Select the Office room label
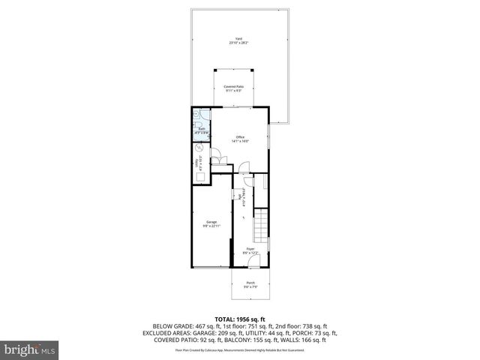pyautogui.click(x=240, y=139)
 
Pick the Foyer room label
pyautogui.click(x=250, y=250)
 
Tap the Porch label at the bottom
pyautogui.click(x=250, y=284)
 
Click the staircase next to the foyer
pyautogui.click(x=262, y=224)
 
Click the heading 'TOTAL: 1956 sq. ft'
pyautogui.click(x=239, y=318)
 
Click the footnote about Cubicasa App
pyautogui.click(x=239, y=349)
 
